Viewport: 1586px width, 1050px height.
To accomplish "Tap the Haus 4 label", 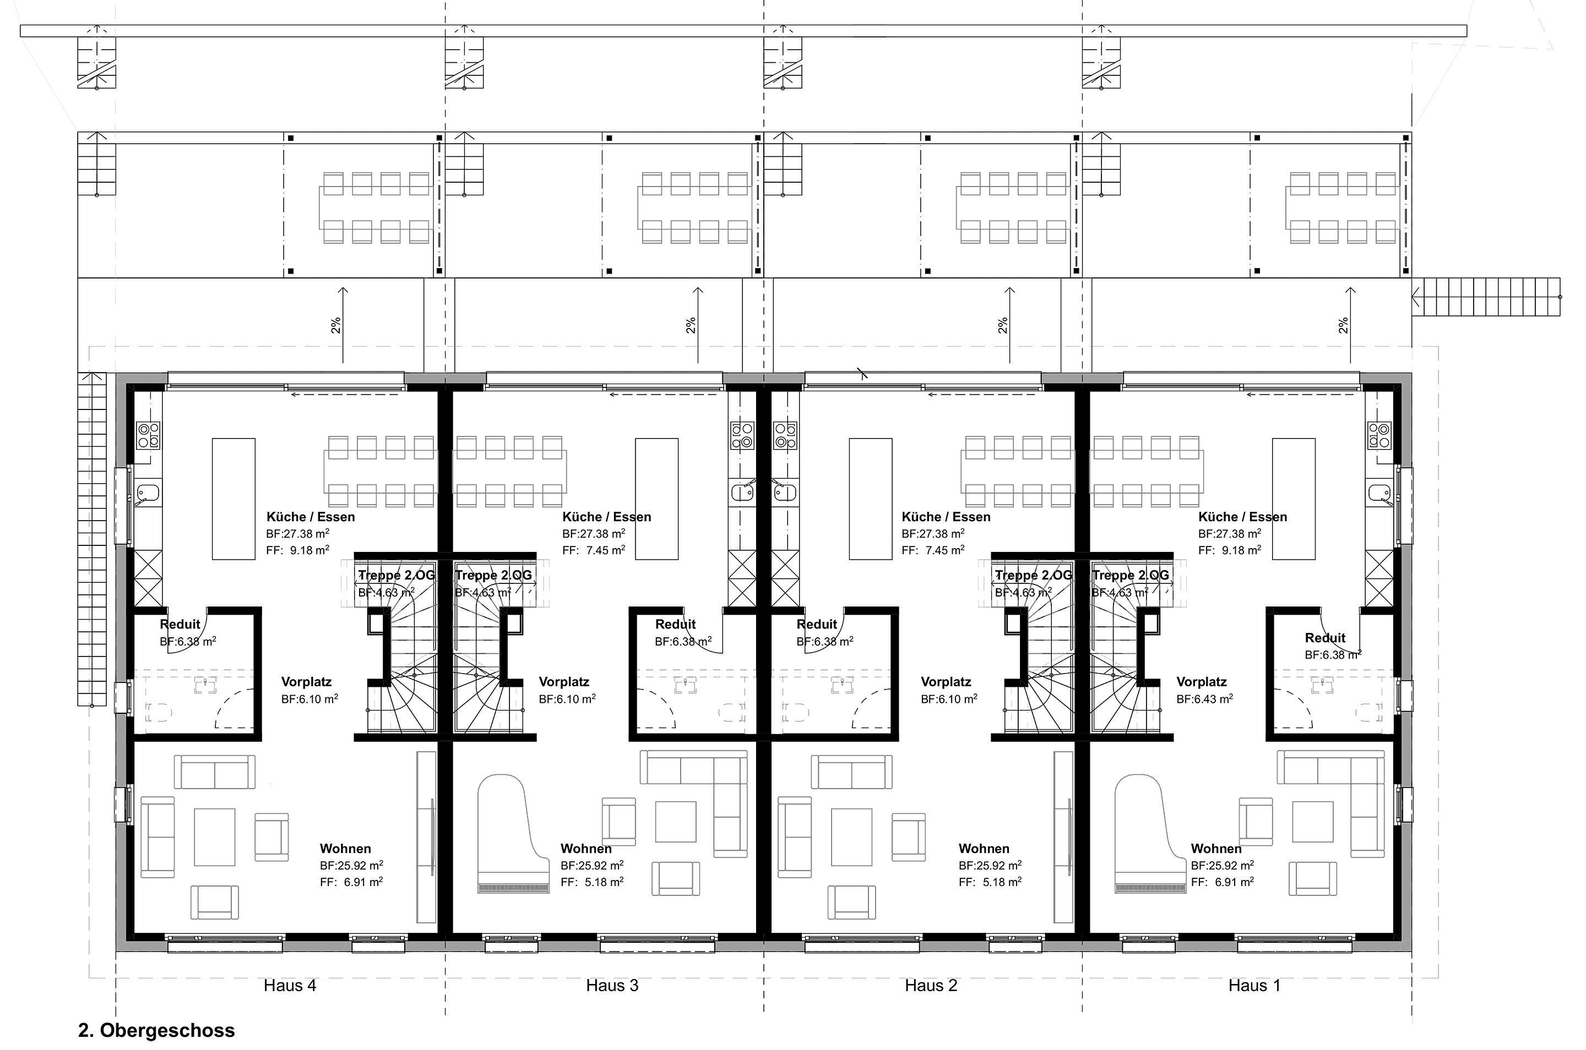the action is (290, 985).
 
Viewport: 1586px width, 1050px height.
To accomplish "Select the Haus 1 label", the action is (1254, 985).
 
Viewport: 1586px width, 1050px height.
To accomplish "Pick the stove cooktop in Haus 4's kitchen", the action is (148, 435).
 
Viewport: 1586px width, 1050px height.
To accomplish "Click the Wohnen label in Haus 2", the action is (984, 849).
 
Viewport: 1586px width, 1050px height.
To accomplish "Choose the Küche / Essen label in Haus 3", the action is (606, 517).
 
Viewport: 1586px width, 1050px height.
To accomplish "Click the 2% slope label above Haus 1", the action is (1343, 325).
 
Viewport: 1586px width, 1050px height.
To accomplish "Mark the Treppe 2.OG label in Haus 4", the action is (396, 575).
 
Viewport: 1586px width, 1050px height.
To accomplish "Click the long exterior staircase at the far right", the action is (1487, 297).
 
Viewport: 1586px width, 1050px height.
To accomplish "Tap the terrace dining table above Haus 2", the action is (1013, 207).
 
